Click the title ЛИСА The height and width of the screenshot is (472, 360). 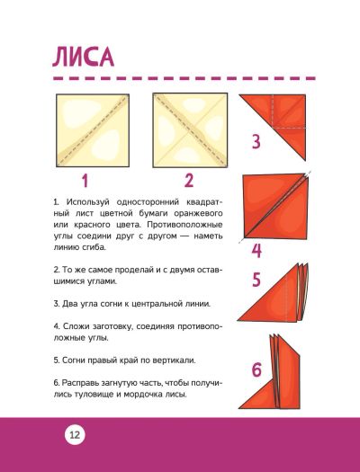coord(83,57)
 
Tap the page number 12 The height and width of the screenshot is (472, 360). coord(75,435)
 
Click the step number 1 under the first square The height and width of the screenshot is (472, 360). coord(85,182)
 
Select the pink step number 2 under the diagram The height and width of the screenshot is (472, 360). coord(189,181)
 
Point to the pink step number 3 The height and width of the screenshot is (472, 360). coord(256,142)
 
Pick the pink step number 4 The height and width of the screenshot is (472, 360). coord(256,251)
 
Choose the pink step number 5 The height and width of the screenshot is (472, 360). coord(256,280)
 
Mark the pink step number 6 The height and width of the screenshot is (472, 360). coord(256,370)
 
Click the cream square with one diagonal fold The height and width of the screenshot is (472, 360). coord(93,130)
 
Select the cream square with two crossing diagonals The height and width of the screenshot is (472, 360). coord(190,130)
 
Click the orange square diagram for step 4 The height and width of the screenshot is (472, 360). coord(274,207)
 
